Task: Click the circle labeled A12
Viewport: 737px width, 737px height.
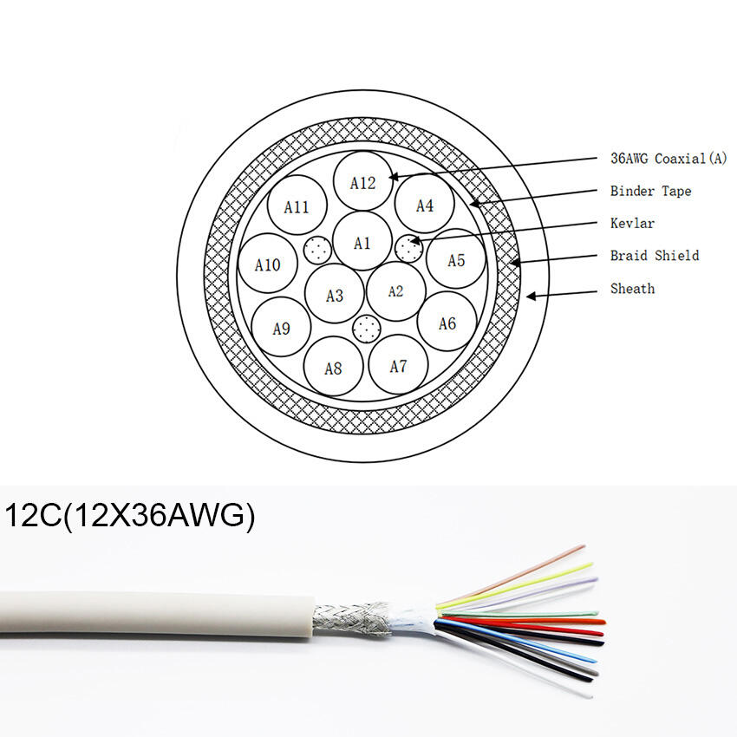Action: (x=363, y=181)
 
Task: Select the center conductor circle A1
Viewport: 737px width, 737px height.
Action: (x=362, y=242)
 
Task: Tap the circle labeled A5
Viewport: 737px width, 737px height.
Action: (x=456, y=259)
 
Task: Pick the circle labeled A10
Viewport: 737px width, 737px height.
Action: (x=267, y=264)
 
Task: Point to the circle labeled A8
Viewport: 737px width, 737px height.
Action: (x=334, y=367)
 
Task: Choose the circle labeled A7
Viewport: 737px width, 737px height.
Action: (x=398, y=365)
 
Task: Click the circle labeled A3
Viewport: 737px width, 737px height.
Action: (x=335, y=295)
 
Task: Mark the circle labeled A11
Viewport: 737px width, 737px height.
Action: (x=297, y=206)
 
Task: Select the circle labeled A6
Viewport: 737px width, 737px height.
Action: (x=447, y=323)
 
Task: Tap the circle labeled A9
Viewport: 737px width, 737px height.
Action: (x=281, y=328)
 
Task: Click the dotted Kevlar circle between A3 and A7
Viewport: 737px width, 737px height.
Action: (x=368, y=329)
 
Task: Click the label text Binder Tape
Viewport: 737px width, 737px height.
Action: (x=650, y=191)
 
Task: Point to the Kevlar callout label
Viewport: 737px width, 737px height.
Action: (x=632, y=223)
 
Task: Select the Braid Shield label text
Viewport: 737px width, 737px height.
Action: (x=654, y=256)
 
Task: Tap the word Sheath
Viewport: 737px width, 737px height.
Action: (x=632, y=288)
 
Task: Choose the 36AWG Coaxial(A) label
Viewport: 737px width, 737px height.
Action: (x=668, y=158)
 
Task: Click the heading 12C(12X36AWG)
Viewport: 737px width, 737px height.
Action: (x=130, y=517)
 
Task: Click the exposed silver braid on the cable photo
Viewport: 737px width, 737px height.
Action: (x=351, y=619)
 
